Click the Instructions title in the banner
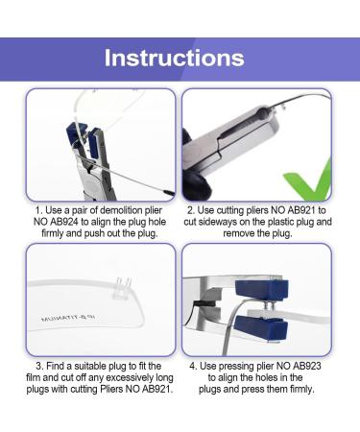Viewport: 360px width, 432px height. point(180,58)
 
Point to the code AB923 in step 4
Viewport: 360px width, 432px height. point(289,378)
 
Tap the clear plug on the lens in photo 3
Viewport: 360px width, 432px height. point(123,285)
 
